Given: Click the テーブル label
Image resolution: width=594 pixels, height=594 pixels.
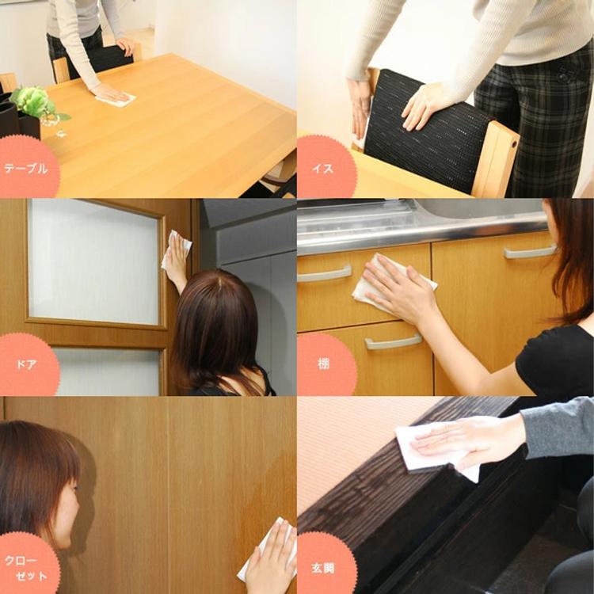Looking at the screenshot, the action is [x=26, y=169].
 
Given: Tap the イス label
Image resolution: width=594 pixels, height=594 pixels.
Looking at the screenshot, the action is [x=323, y=168].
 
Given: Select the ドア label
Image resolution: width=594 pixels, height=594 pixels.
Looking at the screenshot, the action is [x=26, y=364].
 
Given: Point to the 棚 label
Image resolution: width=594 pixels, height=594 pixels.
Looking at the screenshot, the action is [x=323, y=364].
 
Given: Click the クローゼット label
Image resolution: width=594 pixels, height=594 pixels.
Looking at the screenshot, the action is [x=26, y=568].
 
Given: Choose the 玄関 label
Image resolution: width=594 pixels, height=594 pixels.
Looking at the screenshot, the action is [x=323, y=568].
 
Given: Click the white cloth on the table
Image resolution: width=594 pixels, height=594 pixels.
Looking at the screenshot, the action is [x=116, y=99].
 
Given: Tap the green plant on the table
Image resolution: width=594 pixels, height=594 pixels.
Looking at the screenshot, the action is [x=36, y=102].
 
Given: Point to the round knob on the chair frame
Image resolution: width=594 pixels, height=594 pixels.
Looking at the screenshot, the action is [x=514, y=144].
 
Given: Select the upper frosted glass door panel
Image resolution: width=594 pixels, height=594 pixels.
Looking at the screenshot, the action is [x=93, y=261].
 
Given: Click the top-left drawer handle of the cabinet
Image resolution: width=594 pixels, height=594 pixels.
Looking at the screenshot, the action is [x=324, y=274].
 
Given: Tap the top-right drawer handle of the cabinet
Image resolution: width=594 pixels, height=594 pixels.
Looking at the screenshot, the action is [x=530, y=252].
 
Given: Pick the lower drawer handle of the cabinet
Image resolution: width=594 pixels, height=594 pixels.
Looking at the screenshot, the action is [x=393, y=341].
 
